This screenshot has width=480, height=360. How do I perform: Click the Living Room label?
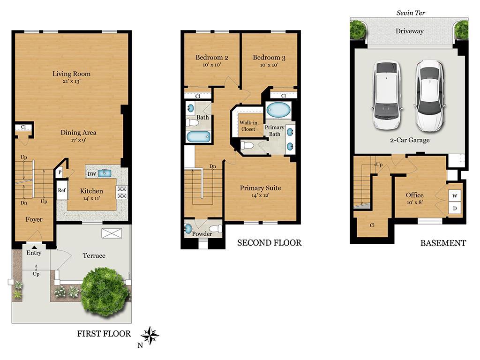click(71, 74)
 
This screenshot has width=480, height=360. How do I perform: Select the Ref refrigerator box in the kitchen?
click(62, 190)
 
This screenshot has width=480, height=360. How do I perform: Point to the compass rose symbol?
click(150, 336)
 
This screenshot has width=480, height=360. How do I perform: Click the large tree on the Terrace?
click(105, 292)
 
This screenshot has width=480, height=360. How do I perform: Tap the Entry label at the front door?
click(34, 253)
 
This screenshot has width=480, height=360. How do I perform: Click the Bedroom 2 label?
click(212, 58)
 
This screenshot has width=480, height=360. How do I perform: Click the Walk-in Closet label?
click(248, 126)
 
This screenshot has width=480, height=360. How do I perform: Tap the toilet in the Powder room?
click(216, 229)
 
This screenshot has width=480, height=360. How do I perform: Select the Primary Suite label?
click(260, 188)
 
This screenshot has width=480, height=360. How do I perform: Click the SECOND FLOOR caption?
click(269, 243)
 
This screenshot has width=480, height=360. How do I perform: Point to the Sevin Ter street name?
click(411, 13)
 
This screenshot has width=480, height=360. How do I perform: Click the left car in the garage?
click(387, 96)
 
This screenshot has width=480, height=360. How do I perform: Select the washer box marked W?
click(455, 195)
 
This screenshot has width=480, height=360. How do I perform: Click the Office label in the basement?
click(414, 195)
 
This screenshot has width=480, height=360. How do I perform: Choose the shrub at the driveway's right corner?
click(461, 30)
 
